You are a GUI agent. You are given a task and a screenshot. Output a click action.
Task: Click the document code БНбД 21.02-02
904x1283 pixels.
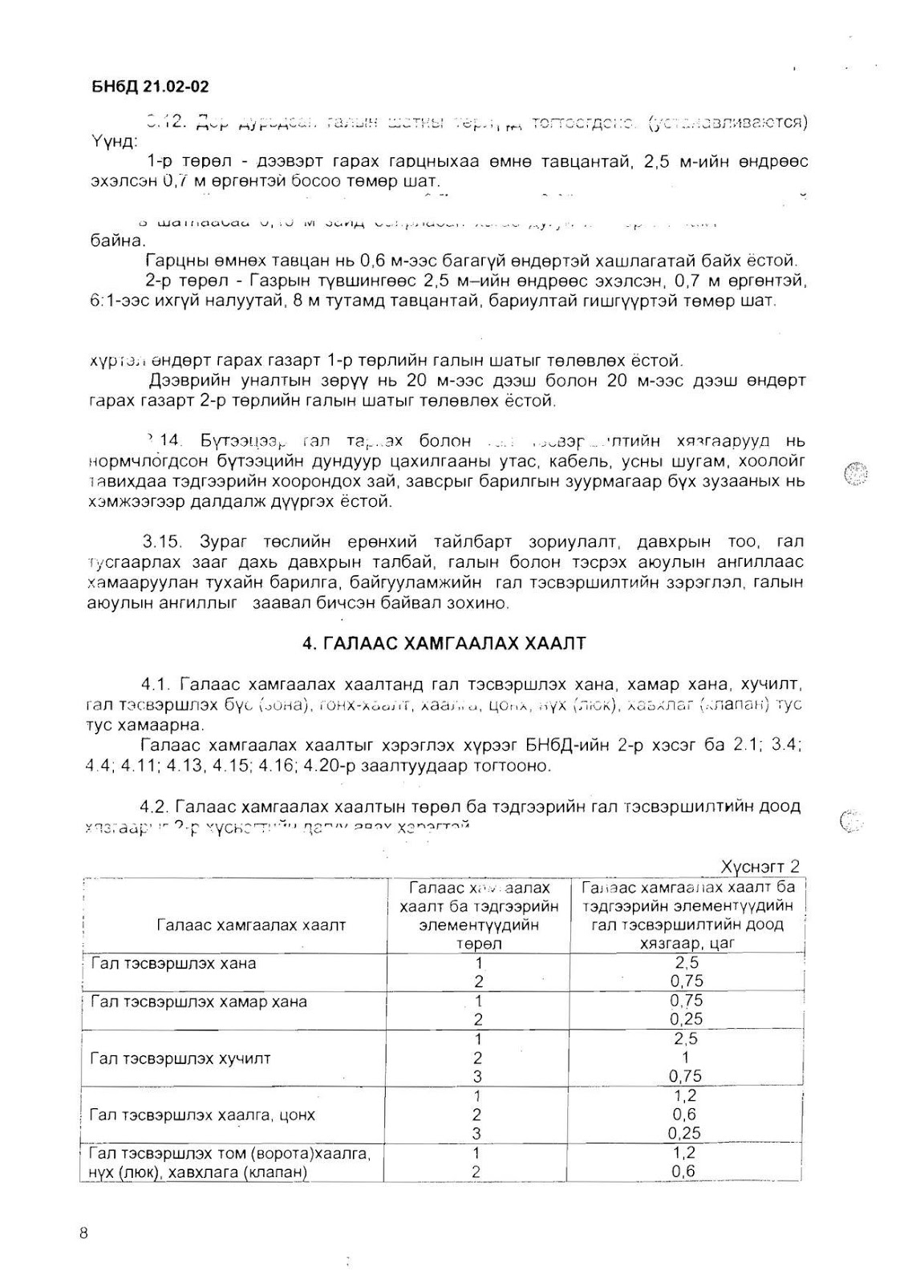click(150, 87)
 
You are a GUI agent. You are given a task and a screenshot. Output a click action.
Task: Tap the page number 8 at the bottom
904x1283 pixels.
click(84, 1233)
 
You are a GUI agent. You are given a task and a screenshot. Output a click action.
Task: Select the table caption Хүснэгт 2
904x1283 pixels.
click(760, 866)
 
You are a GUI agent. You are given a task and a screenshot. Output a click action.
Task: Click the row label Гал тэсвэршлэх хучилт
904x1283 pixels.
click(180, 1058)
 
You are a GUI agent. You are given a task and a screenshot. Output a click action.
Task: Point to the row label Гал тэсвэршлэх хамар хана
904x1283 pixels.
click(198, 1002)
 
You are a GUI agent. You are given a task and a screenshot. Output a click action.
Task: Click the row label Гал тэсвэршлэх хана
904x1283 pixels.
click(173, 963)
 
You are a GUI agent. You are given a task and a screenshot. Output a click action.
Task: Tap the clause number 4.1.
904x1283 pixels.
click(156, 685)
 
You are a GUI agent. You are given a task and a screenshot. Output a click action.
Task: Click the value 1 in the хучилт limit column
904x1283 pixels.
click(685, 1058)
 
